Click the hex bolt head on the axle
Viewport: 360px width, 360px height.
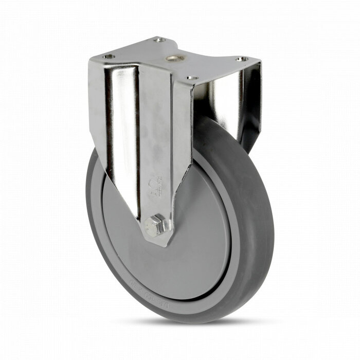[154, 225]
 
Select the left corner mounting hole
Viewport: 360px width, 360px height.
[107, 57]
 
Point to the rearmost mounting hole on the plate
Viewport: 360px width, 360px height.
[160, 40]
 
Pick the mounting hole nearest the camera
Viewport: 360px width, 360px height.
[191, 78]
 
